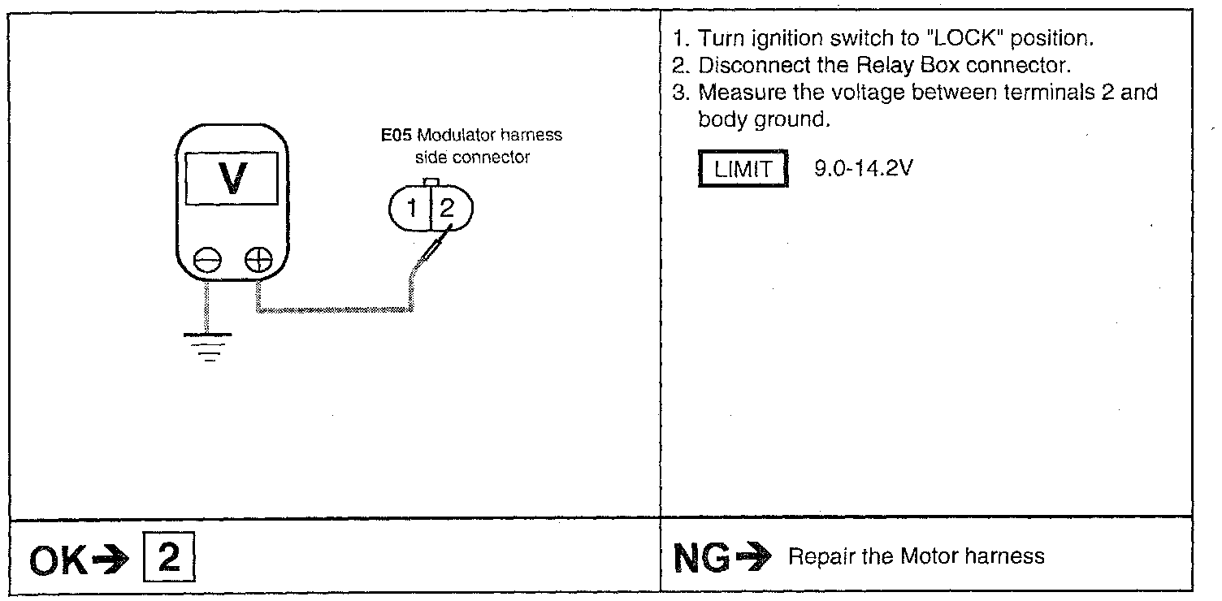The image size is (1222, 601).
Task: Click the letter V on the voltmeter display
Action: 233,178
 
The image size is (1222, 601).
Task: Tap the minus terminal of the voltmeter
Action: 206,261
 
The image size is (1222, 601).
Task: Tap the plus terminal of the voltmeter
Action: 258,261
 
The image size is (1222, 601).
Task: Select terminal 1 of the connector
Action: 412,210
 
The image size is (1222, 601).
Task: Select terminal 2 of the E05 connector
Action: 448,210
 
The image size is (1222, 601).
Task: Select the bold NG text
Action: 700,556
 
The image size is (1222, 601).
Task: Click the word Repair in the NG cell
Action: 814,556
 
